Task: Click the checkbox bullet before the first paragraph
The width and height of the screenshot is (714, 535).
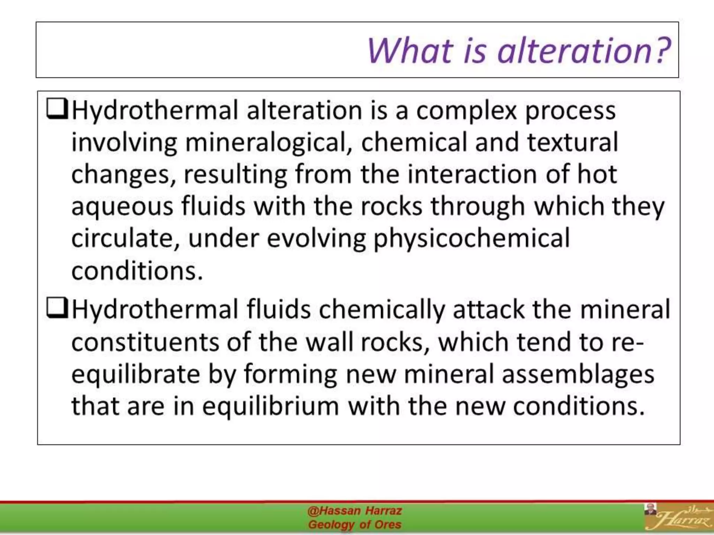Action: pos(57,109)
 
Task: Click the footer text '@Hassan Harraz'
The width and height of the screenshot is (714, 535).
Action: pos(355,511)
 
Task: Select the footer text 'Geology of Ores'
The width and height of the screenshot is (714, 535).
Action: pos(355,525)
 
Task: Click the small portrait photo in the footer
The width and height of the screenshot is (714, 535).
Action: pos(650,509)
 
